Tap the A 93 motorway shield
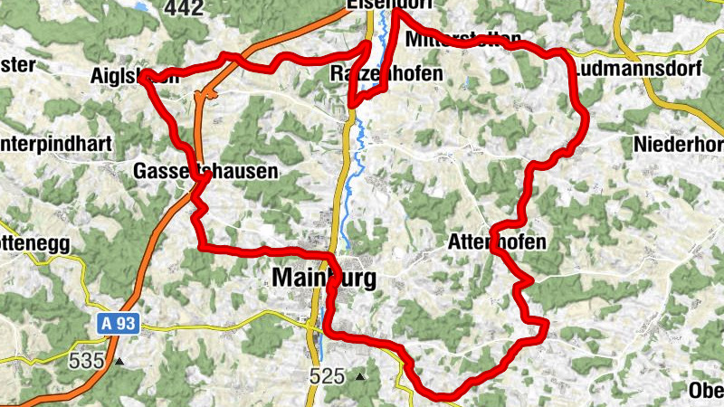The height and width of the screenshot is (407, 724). tap(118, 323)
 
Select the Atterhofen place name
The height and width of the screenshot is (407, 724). tap(497, 242)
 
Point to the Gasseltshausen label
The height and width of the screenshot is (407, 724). tap(205, 171)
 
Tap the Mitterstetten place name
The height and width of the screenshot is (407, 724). tap(464, 40)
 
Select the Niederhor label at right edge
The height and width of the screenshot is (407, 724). tap(679, 145)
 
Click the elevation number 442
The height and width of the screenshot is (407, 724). tap(184, 7)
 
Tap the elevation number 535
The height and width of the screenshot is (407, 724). tap(87, 361)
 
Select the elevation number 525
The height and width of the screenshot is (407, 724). tap(327, 375)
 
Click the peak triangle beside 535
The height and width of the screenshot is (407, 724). tap(119, 362)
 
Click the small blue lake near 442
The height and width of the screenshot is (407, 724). tap(143, 5)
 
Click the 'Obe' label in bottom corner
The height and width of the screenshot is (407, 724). tap(706, 391)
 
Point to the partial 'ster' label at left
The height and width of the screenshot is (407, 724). tap(17, 64)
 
